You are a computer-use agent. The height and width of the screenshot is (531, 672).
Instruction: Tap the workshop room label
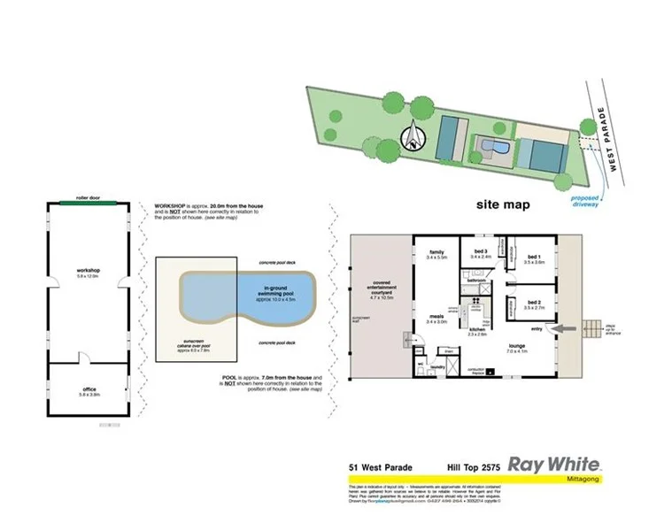pyautogui.click(x=87, y=272)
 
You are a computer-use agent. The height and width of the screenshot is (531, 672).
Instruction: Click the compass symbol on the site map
pyautogui.click(x=413, y=138)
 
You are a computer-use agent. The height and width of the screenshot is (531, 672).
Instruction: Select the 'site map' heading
pyautogui.click(x=503, y=204)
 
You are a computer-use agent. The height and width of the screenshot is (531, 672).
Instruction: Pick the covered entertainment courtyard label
pyautogui.click(x=381, y=290)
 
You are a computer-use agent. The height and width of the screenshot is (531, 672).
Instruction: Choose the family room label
pyautogui.click(x=436, y=254)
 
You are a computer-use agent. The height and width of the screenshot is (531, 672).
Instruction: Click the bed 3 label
pyautogui.click(x=482, y=254)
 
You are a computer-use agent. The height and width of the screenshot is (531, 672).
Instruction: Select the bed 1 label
pyautogui.click(x=533, y=259)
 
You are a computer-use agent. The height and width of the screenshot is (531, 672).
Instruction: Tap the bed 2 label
pyautogui.click(x=533, y=304)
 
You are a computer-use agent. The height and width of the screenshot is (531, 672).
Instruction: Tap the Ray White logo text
pyautogui.click(x=554, y=464)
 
